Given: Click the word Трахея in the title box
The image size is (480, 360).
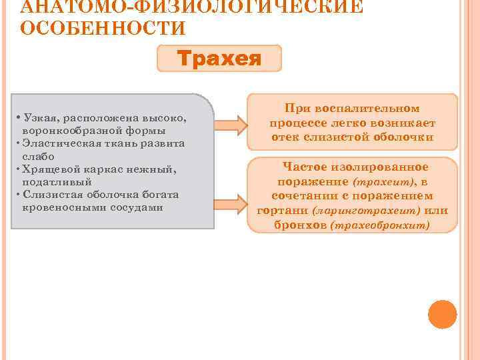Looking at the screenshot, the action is point(219,58).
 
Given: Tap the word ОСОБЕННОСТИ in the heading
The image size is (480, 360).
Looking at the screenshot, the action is point(103,29).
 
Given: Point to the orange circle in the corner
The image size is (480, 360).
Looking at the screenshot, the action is point(442,314).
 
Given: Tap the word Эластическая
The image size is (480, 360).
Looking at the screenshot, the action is point(59,143).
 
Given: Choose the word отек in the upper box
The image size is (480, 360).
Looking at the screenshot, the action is point(287,137).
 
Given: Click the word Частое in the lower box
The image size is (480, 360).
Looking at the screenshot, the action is point(306,167).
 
